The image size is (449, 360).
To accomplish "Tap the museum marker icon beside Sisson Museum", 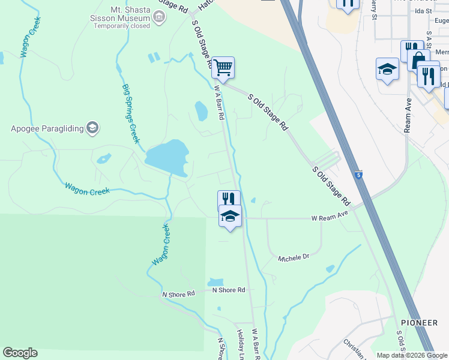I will click(159, 17).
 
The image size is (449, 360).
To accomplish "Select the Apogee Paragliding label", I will click(48, 128).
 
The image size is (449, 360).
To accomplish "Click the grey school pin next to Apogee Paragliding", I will click(92, 127).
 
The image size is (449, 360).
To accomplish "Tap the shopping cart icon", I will click(223, 67).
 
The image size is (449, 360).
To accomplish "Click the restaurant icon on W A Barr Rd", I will click(229, 200).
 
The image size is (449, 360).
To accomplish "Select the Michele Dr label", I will click(294, 257).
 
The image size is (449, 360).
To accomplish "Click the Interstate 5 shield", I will click(358, 174).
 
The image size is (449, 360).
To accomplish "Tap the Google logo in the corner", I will click(20, 353).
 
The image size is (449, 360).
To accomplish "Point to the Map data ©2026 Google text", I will click(411, 355).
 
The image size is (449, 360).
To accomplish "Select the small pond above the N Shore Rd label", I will click(215, 281).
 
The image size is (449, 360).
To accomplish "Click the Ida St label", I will click(423, 11).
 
